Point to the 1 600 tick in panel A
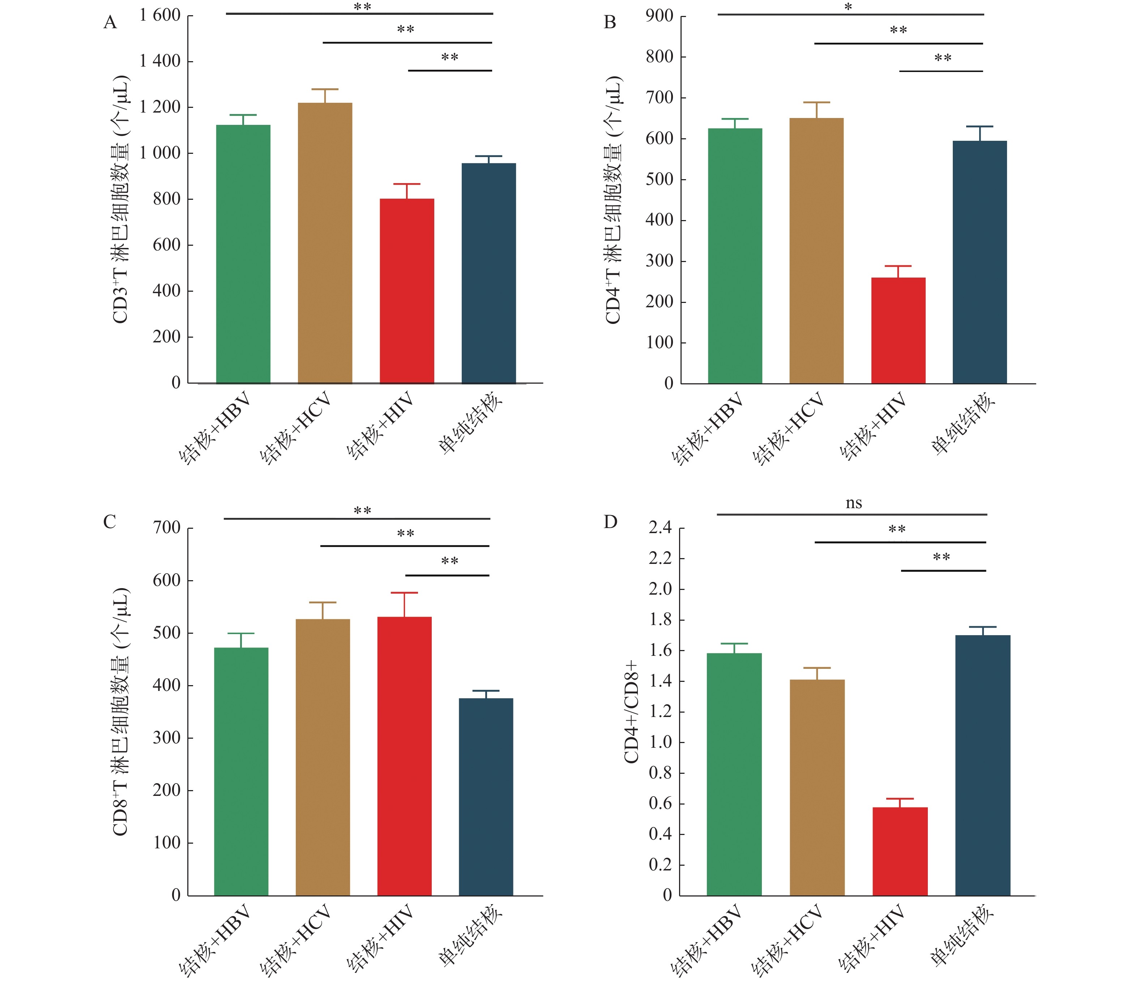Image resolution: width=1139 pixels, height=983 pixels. (x=160, y=16)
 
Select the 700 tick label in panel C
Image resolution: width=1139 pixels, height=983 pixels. (x=167, y=528)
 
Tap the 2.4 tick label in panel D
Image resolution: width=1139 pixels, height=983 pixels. (x=660, y=528)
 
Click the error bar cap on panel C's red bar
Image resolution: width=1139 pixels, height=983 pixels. (x=405, y=593)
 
